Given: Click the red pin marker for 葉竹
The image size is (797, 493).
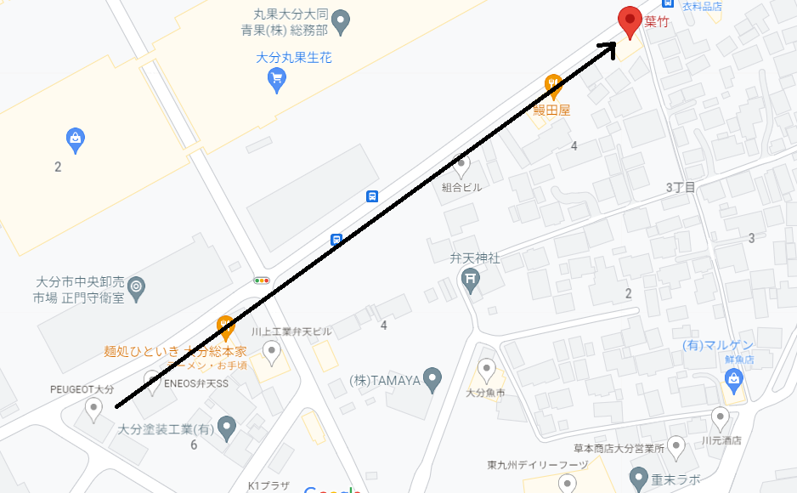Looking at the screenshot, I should pyautogui.click(x=630, y=20).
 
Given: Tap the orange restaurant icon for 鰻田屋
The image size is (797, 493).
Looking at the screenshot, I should pyautogui.click(x=553, y=85).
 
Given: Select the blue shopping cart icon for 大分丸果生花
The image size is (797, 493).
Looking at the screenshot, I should pyautogui.click(x=276, y=80).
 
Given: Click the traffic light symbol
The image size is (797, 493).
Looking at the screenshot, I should pyautogui.click(x=261, y=280).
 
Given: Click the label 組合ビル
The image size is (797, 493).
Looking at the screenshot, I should pyautogui.click(x=461, y=187).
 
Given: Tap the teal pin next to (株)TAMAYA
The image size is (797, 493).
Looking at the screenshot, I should pyautogui.click(x=432, y=379).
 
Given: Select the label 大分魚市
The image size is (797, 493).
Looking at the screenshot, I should pyautogui.click(x=485, y=393).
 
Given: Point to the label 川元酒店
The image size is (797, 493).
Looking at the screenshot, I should pyautogui.click(x=721, y=440).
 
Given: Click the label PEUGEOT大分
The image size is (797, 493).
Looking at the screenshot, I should pyautogui.click(x=82, y=389).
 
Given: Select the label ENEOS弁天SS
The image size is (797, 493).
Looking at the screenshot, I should pyautogui.click(x=196, y=384).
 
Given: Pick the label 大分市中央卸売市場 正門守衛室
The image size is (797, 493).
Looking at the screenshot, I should pyautogui.click(x=78, y=290).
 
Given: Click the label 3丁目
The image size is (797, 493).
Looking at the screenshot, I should pyautogui.click(x=681, y=187).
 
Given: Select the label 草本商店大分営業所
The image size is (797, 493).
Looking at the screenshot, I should pyautogui.click(x=618, y=448).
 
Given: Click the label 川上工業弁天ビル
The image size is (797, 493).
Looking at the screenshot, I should pyautogui.click(x=291, y=331).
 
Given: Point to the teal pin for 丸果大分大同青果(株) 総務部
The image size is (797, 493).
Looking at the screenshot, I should pyautogui.click(x=341, y=20).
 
